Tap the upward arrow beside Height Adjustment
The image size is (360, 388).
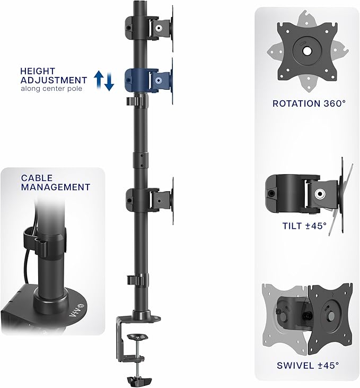coord(99,80)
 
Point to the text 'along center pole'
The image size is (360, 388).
coord(52,89)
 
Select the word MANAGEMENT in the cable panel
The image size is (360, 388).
coord(56,187)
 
